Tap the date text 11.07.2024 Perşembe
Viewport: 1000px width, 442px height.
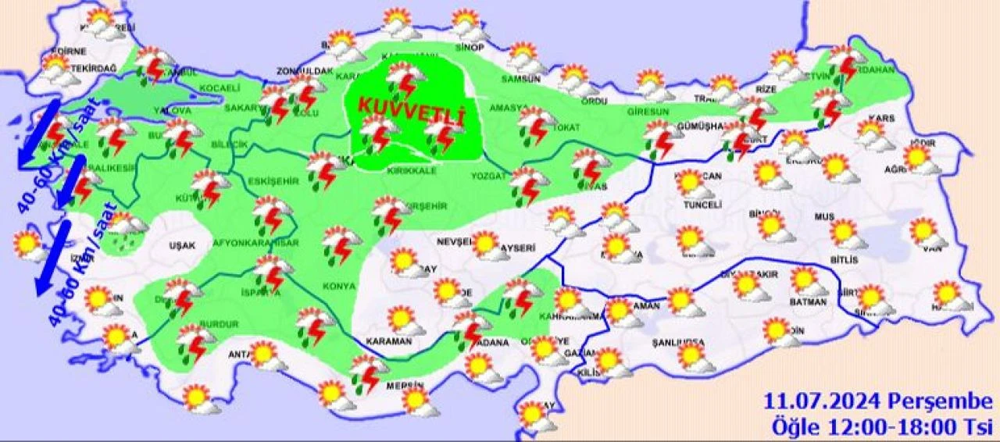[878, 403]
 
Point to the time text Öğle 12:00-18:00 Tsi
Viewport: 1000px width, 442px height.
[878, 427]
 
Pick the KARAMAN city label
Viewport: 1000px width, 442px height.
[387, 342]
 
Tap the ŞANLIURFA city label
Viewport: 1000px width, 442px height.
[677, 343]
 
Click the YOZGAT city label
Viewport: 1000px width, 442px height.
[489, 176]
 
